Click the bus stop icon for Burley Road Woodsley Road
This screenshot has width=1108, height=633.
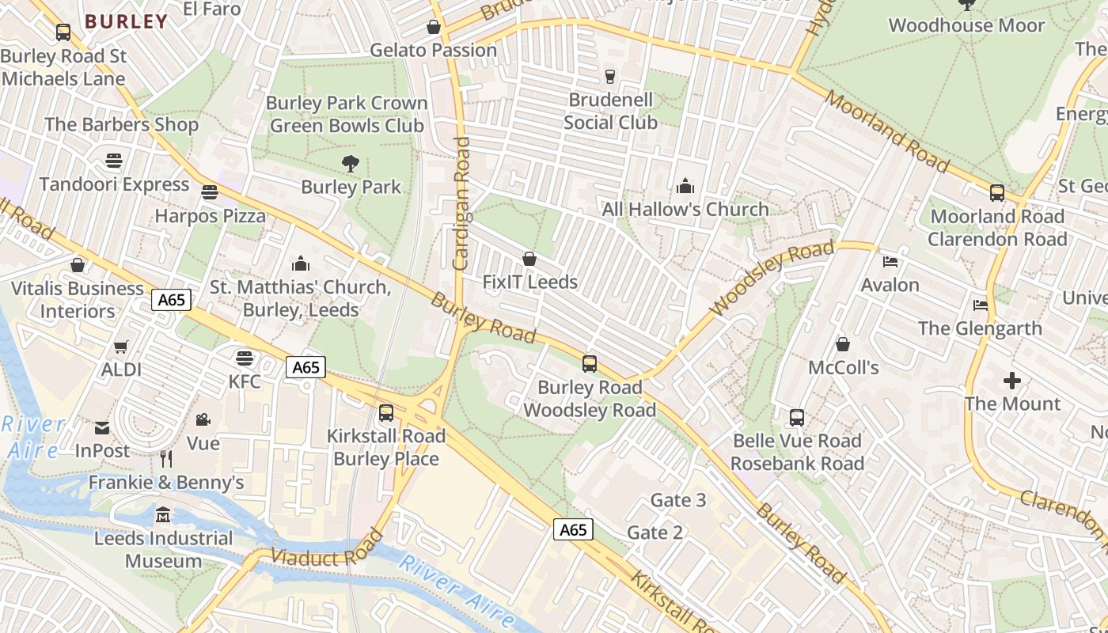(590, 364)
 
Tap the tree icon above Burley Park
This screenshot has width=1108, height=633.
(351, 164)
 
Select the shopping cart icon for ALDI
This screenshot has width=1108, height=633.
(121, 347)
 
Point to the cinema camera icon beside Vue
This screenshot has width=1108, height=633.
(203, 419)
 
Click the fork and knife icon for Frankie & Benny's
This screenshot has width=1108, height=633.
(166, 459)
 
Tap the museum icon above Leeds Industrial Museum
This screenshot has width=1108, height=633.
(163, 515)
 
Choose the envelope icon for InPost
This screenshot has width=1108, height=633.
(102, 428)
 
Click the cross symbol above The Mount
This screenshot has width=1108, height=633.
(1012, 381)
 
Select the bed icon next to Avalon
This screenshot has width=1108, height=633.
(890, 262)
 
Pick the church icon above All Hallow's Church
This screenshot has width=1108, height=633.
(685, 186)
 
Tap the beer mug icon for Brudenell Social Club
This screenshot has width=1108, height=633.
(609, 76)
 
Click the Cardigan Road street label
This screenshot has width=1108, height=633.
(461, 203)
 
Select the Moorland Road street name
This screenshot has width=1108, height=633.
(886, 131)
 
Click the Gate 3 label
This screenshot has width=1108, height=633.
(678, 500)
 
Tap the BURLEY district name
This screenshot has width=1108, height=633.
(127, 21)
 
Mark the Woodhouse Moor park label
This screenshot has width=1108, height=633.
(966, 25)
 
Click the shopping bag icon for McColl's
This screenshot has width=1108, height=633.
(843, 344)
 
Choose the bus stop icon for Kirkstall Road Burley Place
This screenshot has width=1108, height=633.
(386, 412)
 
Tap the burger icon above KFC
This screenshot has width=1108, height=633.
(245, 358)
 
